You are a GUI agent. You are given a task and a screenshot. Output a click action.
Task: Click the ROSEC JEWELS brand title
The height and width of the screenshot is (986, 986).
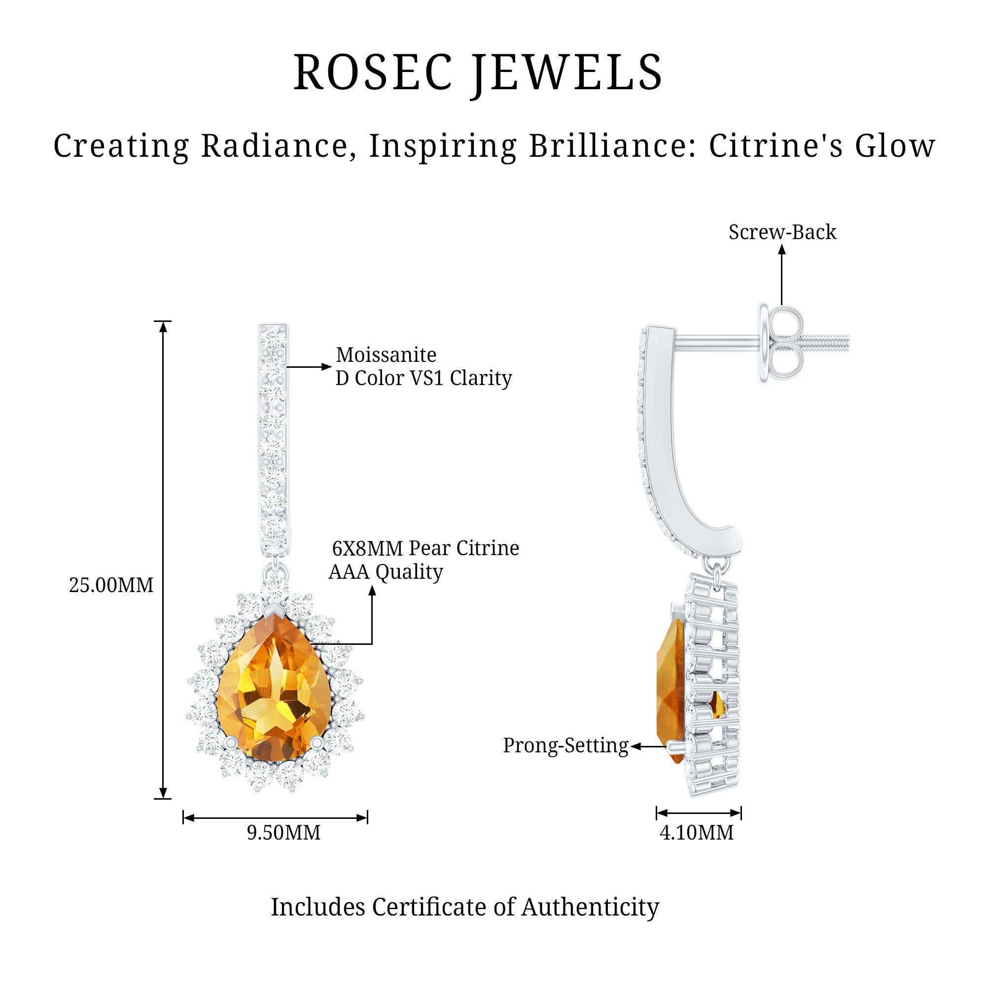(x=478, y=73)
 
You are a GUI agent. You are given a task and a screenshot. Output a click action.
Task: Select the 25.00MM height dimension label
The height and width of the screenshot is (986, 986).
(x=111, y=585)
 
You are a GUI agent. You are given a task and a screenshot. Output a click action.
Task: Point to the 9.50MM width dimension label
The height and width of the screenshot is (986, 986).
(x=284, y=832)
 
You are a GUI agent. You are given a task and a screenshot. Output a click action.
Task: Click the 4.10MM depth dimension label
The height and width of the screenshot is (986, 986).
(x=697, y=832)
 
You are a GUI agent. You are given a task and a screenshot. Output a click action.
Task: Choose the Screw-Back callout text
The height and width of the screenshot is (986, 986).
(x=782, y=232)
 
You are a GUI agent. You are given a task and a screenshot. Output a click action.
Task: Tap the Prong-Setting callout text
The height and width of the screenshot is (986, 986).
(x=565, y=745)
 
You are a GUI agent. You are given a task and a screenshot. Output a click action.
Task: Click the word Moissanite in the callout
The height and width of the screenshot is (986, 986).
(x=386, y=354)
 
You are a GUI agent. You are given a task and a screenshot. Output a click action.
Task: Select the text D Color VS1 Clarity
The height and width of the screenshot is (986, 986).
(x=423, y=378)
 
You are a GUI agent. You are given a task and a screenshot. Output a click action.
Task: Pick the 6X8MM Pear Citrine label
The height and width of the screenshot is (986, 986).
(x=425, y=548)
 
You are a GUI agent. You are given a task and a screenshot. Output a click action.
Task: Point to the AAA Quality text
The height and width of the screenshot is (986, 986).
(x=386, y=571)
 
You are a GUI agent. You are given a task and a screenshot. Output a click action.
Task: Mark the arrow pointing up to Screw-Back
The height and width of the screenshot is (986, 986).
(x=782, y=276)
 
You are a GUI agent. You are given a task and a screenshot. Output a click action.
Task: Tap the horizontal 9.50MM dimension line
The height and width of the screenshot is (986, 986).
(x=275, y=818)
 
